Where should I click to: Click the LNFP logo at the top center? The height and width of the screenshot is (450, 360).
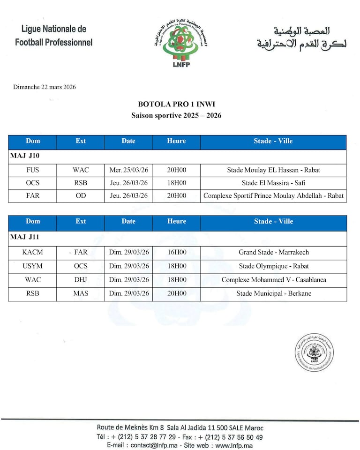coord(180,44)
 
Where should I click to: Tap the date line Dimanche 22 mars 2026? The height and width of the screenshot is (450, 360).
coord(45,87)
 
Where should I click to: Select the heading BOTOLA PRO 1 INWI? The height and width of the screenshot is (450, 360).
coord(176,105)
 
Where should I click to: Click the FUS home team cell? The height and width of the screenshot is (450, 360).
coord(33,170)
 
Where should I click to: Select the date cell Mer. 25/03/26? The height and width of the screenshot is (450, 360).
coord(128,170)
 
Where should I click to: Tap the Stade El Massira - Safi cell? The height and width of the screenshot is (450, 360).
coord(273,183)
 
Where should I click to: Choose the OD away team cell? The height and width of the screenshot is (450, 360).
coord(81,196)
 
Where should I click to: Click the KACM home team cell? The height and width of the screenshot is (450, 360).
coord(32,252)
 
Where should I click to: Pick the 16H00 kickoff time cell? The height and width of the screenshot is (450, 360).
coord(177,252)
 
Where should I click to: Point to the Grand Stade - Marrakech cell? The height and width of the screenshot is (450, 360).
coord(274,252)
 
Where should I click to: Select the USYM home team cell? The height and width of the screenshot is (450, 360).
coord(32,266)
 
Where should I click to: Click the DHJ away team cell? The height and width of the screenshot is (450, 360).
coord(81,280)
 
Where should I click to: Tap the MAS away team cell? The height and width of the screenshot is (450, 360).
coord(81,294)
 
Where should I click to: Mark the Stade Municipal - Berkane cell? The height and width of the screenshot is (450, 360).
coord(274,294)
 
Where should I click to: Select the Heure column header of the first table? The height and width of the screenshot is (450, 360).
coord(176,141)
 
